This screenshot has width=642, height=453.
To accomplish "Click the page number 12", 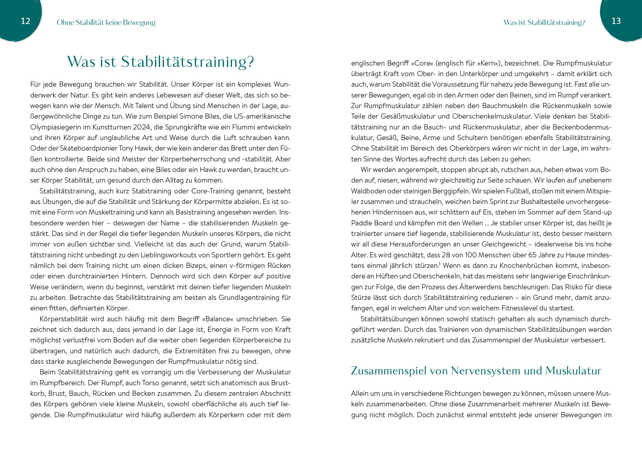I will coord(25,21).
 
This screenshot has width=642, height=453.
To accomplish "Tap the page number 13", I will coord(616,21).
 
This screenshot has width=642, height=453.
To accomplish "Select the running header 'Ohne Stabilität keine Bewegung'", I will coord(106,22).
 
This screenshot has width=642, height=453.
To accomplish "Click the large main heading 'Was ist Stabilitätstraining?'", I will coord(160,62).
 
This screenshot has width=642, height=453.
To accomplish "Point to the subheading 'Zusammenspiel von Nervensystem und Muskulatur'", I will coord(476,371).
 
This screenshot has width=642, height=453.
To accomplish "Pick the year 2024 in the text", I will coord(142,127).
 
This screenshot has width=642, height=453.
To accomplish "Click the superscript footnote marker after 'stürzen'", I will coord(440,264).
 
